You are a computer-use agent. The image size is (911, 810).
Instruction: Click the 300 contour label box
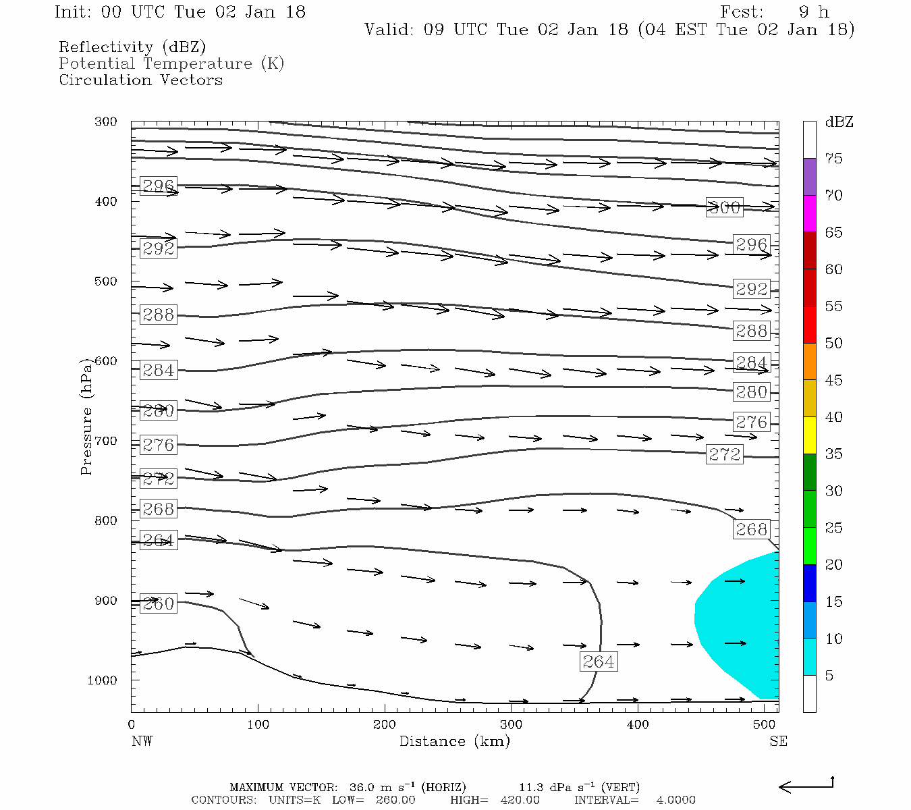[724, 208]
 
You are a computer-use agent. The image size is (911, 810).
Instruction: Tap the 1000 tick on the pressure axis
[102, 680]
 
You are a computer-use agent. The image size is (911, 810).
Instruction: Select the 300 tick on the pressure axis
[106, 122]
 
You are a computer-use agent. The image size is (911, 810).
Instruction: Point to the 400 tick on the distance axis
[638, 725]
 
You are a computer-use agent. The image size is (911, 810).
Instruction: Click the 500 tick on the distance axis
[764, 725]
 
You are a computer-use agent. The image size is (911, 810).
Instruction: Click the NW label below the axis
[142, 741]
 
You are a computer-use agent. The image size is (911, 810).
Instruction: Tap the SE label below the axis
[778, 741]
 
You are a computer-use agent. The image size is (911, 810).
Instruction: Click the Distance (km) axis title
[454, 741]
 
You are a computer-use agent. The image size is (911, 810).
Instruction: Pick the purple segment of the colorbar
[809, 177]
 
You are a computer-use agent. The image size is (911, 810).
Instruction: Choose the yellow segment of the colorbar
[809, 435]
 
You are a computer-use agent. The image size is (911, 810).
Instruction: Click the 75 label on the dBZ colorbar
[833, 159]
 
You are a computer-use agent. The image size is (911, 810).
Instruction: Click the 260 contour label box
[159, 604]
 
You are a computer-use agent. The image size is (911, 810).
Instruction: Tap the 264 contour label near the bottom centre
[598, 661]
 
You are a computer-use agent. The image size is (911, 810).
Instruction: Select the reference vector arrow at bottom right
[806, 786]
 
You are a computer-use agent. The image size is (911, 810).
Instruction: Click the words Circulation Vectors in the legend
[140, 80]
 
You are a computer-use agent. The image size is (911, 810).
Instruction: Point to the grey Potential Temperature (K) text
[171, 64]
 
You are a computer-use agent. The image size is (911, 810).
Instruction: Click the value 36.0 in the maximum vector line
[363, 788]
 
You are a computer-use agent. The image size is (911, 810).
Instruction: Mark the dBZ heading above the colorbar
[839, 122]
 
